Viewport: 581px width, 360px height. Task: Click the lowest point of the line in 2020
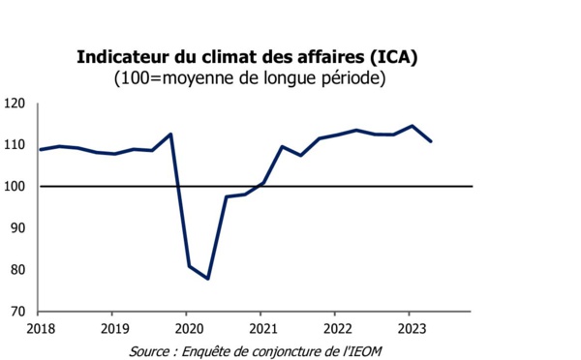click(208, 279)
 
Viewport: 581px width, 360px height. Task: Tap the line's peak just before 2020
click(170, 134)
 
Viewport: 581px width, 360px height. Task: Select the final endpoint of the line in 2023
click(431, 142)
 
